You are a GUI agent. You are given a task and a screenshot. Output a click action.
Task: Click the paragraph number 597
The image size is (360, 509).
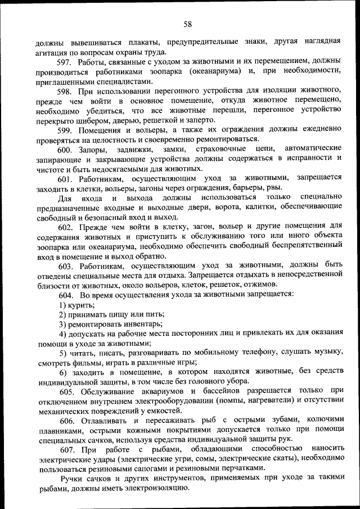point(66,61)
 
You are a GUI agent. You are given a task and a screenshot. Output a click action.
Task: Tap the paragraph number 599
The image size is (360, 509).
point(66,129)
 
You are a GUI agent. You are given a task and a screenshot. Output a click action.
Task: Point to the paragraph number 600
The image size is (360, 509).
point(66,149)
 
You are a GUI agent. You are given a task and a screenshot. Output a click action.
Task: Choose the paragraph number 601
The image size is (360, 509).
point(66,178)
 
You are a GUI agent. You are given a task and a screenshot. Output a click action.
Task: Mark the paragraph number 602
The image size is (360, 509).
point(66,227)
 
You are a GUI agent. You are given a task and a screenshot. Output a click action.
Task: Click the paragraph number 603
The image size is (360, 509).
point(66,265)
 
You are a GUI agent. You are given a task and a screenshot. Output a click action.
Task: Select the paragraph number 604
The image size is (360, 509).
point(66,294)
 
